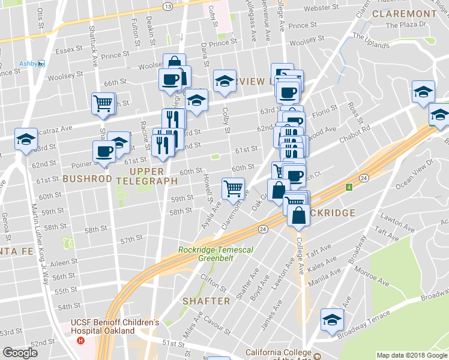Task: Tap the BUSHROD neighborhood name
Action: tap(87, 179)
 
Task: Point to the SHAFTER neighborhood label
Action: tap(206, 301)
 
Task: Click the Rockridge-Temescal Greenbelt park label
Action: tap(205, 254)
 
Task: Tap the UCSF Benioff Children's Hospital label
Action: tap(115, 326)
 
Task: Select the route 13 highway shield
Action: tap(168, 6)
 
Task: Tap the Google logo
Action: tap(20, 353)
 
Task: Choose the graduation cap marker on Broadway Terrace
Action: tap(331, 320)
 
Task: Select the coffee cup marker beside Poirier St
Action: tap(104, 152)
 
